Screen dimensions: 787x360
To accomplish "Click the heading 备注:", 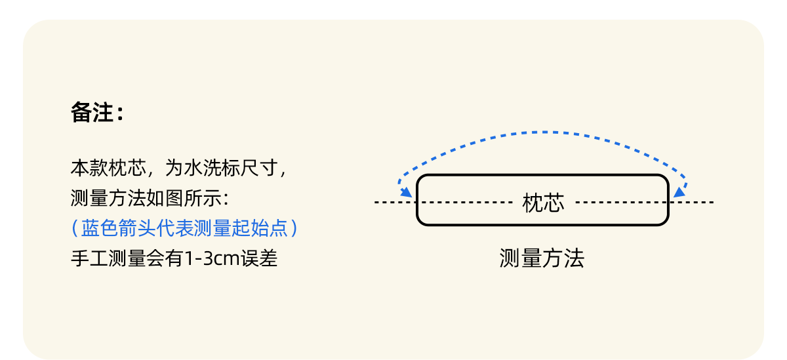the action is point(97,113).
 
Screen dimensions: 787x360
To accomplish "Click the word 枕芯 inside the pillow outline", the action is point(543,203).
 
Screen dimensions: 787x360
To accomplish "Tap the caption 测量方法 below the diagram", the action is point(542,258).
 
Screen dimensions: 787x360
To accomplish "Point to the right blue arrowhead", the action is point(679,191).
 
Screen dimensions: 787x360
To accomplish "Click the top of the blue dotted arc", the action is point(543,132).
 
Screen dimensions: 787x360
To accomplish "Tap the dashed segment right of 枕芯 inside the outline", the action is point(620,203).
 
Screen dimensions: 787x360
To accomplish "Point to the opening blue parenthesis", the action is point(75,228).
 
